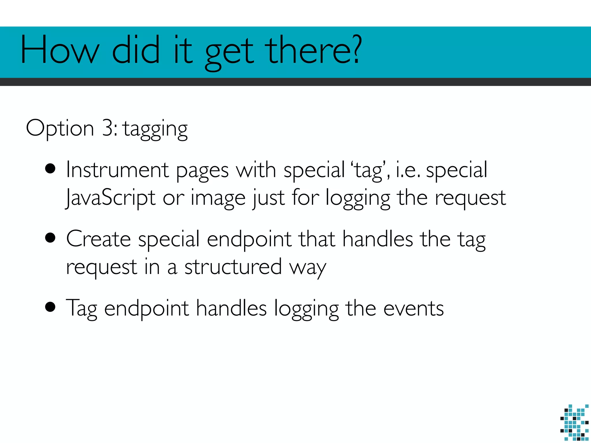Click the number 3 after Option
[x=108, y=128]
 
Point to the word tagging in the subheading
[x=156, y=129]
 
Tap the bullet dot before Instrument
[x=51, y=169]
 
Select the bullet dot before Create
[x=51, y=238]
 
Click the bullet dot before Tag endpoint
[x=51, y=307]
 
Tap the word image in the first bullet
[x=218, y=198]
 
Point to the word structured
[x=233, y=267]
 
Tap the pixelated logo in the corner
[x=574, y=423]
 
